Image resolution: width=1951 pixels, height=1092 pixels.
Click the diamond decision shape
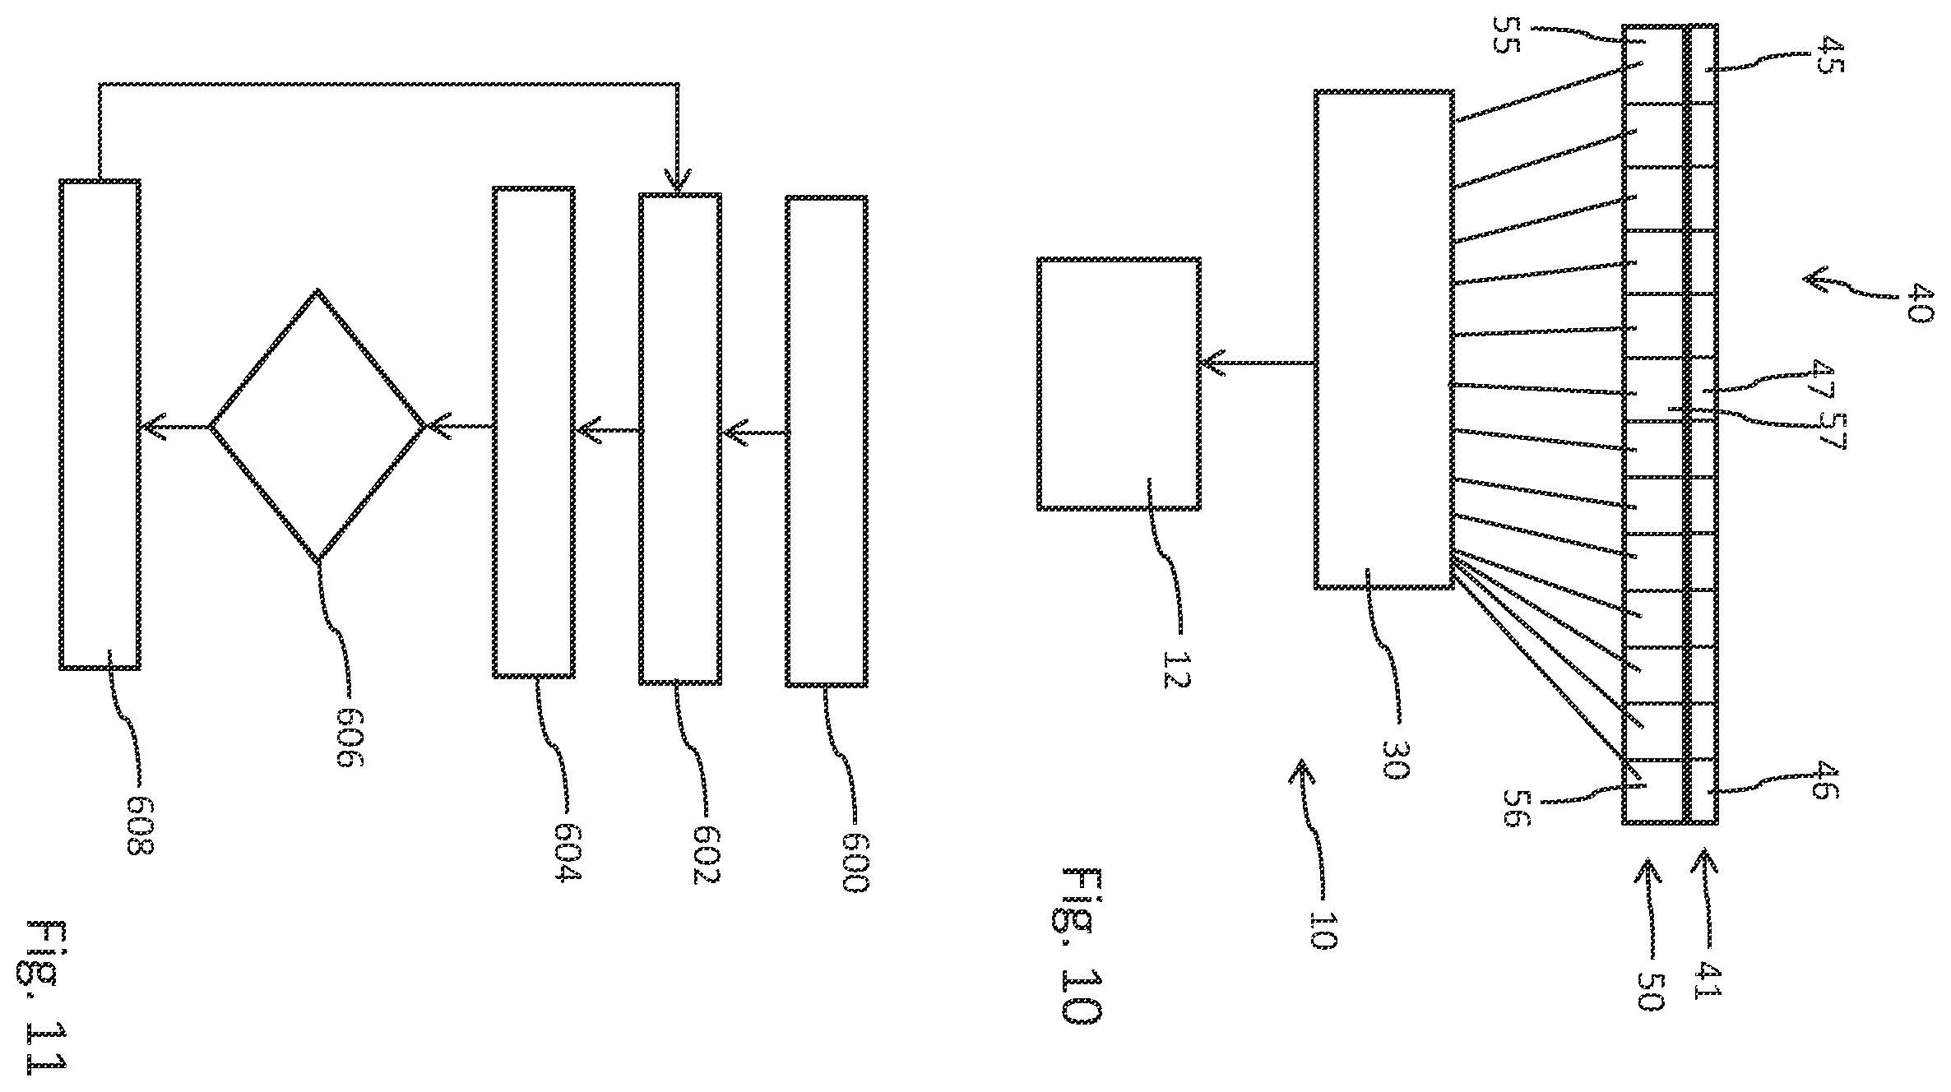[x=317, y=426]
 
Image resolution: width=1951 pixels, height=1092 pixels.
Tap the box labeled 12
[x=1119, y=383]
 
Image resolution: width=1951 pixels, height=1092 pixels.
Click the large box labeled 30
[x=1383, y=339]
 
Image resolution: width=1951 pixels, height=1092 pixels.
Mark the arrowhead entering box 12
[x=1212, y=363]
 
